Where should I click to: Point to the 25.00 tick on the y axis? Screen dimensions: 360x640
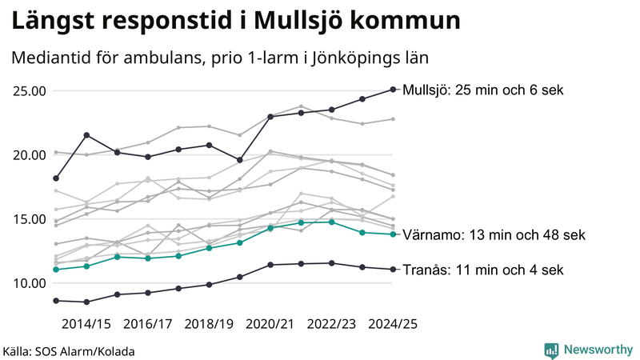28,90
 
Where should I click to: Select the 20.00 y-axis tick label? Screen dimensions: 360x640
28,154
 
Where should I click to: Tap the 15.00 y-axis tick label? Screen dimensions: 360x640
28,219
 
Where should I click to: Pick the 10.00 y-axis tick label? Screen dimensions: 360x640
28,283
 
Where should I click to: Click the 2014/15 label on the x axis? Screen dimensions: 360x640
86,324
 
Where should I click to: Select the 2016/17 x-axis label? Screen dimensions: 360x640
147,324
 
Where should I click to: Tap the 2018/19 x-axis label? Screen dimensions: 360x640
209,324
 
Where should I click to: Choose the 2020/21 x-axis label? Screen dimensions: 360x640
270,324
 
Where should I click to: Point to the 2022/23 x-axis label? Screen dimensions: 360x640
331,324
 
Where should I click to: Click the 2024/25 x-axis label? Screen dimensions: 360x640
392,324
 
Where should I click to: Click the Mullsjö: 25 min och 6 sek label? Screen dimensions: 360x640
484,90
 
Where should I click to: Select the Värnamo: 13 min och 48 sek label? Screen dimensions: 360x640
494,235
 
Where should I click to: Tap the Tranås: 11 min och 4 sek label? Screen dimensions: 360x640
483,270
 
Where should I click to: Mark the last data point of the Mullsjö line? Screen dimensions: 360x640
393,90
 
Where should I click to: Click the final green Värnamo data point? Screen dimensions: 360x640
393,234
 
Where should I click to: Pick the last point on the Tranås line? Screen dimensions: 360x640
393,269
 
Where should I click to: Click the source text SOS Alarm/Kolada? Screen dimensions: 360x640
69,351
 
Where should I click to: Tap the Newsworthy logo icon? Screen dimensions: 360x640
551,350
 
